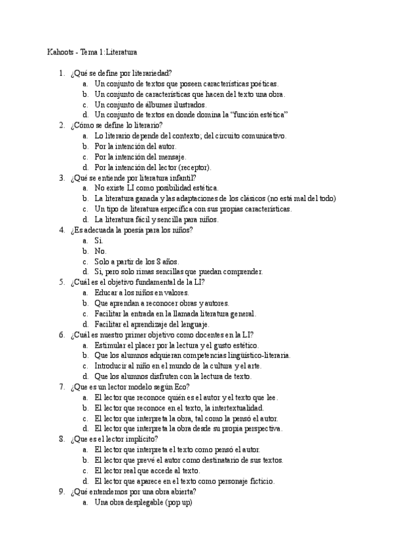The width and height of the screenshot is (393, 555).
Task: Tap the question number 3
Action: (61, 177)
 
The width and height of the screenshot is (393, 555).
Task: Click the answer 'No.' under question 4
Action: (100, 251)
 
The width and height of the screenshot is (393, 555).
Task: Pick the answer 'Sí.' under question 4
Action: (99, 240)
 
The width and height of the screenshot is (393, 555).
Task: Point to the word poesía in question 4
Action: (140, 230)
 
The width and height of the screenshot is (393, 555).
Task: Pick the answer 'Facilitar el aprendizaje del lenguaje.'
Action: (151, 324)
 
